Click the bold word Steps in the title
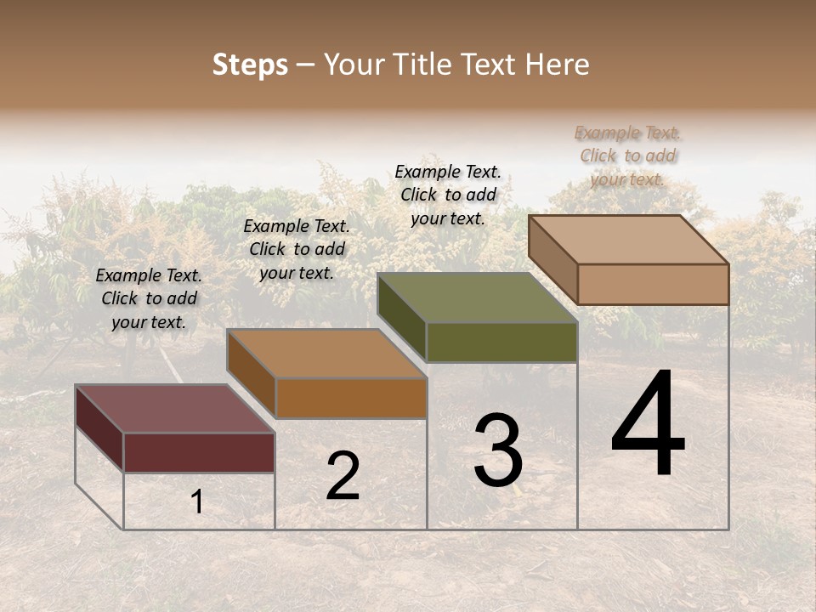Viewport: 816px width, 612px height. (250, 65)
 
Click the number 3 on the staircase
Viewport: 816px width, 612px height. (498, 450)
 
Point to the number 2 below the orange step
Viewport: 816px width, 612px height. (343, 477)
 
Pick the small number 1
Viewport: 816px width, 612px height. (197, 502)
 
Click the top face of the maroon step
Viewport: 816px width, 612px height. (174, 409)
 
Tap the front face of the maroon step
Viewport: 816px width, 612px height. (199, 452)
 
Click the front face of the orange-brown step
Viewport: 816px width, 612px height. (351, 398)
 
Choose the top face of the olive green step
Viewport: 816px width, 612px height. (477, 297)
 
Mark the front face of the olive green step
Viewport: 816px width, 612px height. (501, 342)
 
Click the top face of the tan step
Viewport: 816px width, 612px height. (628, 240)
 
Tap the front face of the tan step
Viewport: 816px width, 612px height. (653, 284)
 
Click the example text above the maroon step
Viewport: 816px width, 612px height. (149, 298)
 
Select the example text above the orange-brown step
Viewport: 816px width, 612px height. (297, 249)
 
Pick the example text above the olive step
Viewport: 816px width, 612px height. (448, 195)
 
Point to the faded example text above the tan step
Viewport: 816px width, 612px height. (627, 156)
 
